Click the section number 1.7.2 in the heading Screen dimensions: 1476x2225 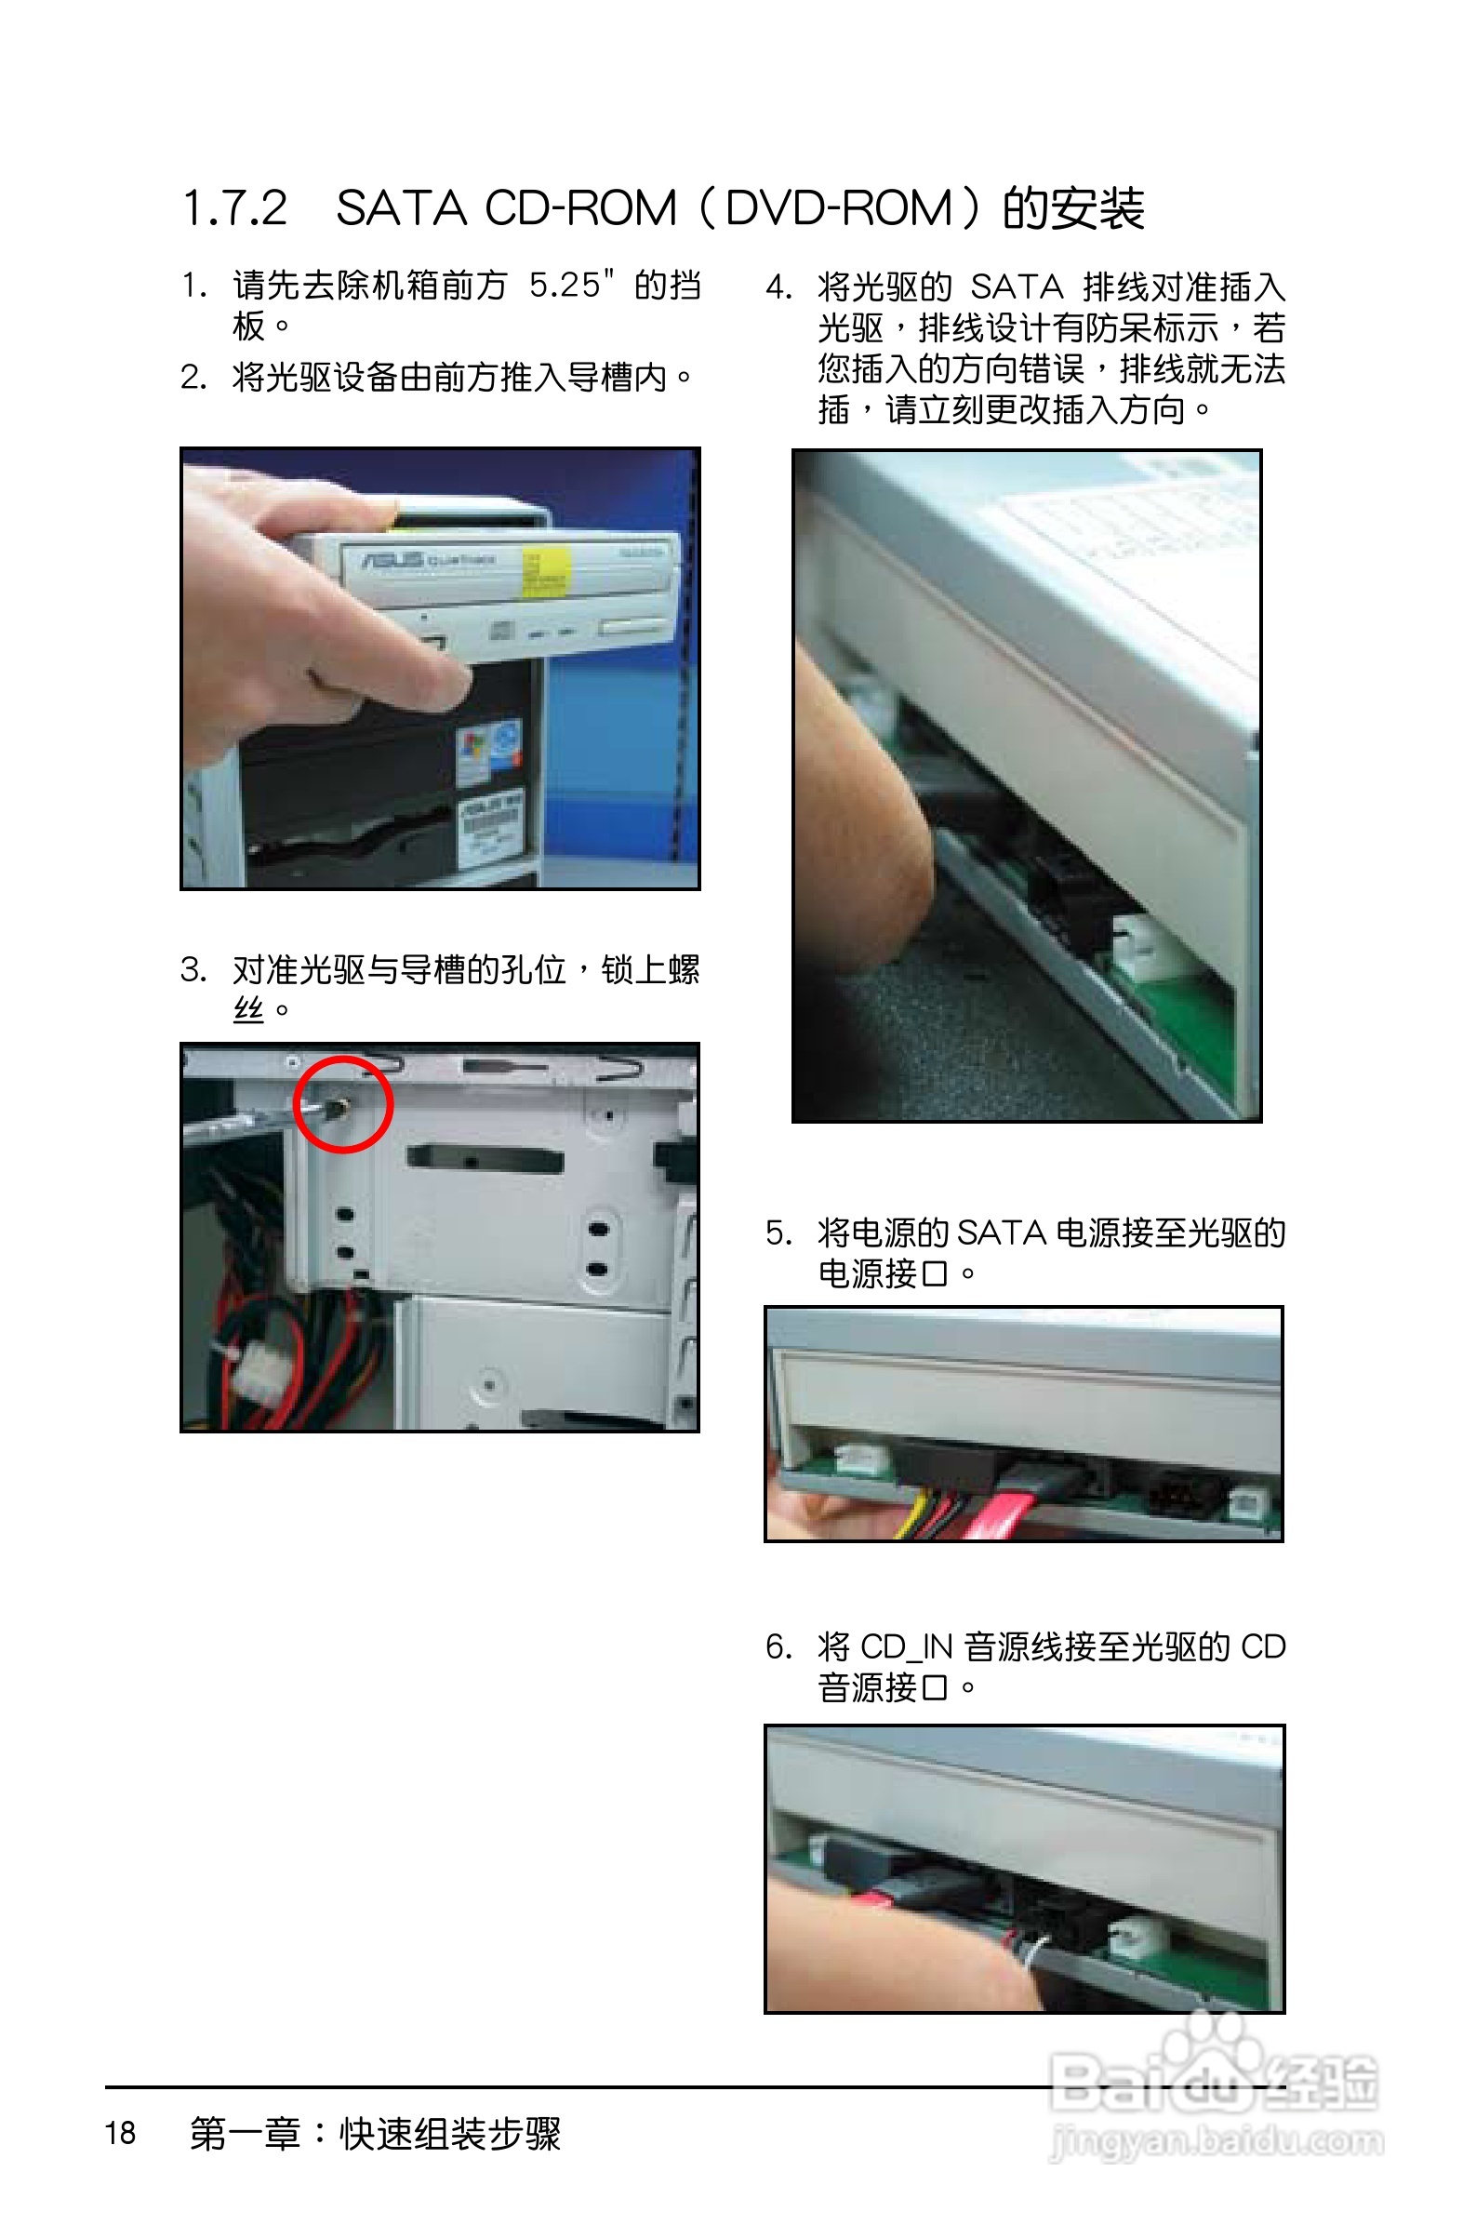coord(234,208)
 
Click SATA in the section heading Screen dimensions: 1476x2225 coord(401,208)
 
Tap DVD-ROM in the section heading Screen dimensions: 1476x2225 coord(839,208)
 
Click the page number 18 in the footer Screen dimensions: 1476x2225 coord(120,2132)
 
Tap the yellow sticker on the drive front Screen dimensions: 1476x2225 coord(545,573)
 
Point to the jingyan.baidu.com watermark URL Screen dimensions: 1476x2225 coord(1217,2142)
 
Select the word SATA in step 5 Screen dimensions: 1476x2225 coord(1002,1233)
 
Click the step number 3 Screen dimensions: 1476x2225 coord(193,968)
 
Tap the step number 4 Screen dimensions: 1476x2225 coord(778,286)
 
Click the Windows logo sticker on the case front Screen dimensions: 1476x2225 coord(475,753)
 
